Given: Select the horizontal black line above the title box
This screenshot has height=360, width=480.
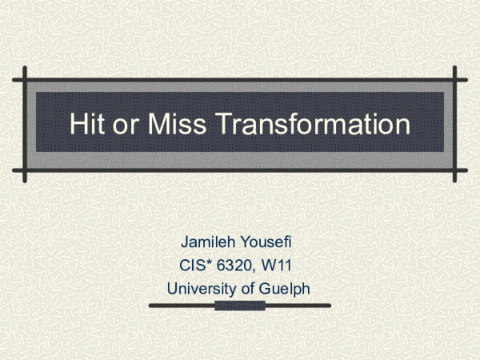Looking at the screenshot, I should (x=240, y=81).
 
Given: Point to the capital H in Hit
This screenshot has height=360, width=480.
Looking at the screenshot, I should (x=77, y=125).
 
